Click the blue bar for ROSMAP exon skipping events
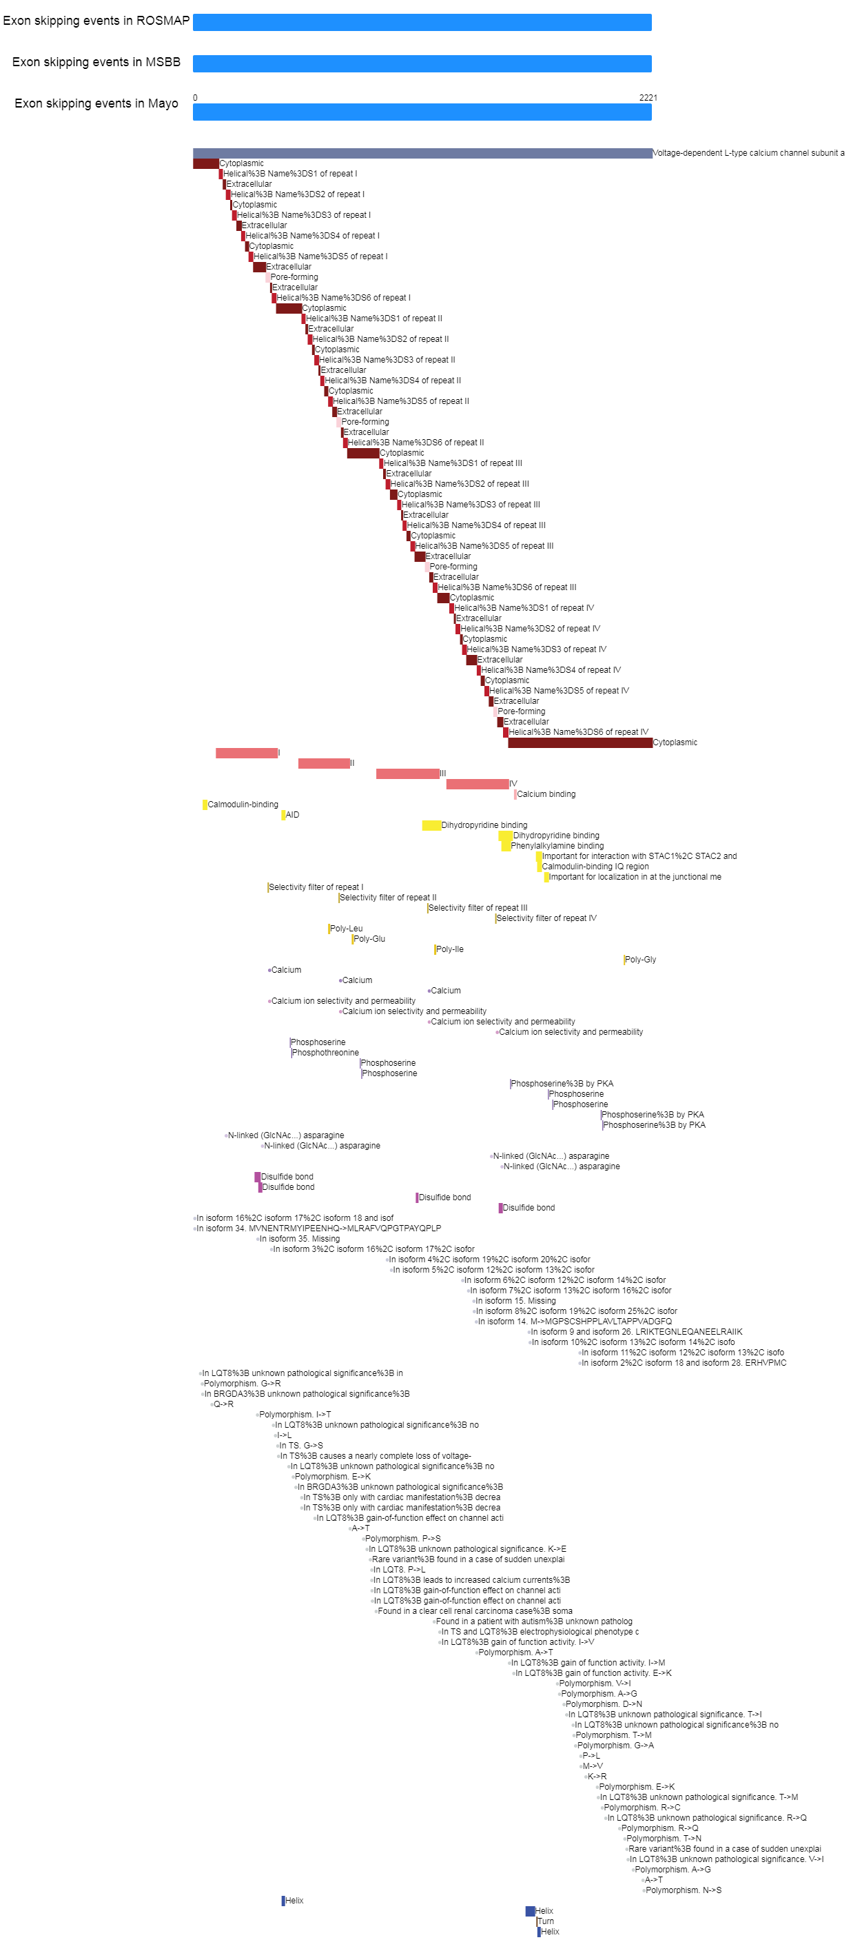(422, 22)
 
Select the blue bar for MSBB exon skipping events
(422, 63)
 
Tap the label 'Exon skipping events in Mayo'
(96, 104)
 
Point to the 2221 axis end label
(648, 98)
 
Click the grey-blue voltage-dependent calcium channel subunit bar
(422, 153)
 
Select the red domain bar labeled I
(247, 753)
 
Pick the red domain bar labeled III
(408, 774)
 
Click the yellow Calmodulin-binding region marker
(205, 805)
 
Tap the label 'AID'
(292, 815)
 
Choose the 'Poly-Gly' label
(641, 960)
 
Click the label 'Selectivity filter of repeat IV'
(546, 918)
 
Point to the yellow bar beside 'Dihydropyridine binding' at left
(431, 825)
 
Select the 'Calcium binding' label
(546, 794)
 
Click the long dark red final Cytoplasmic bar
(580, 743)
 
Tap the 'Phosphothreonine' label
(325, 1053)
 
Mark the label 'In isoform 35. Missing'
(300, 1239)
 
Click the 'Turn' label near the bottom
(546, 1921)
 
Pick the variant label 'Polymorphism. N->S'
(684, 1890)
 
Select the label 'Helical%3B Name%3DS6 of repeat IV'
(578, 732)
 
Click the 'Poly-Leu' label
(347, 929)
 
